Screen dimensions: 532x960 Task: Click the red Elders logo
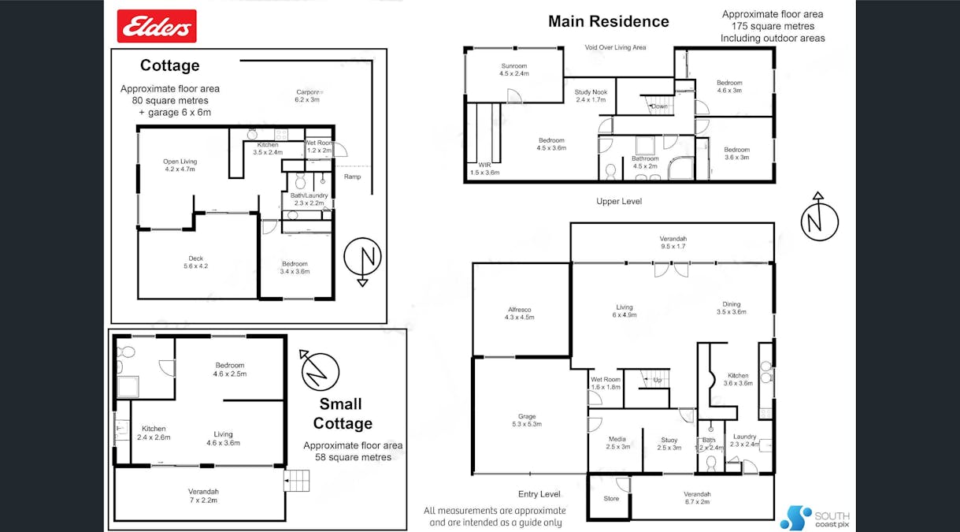(157, 26)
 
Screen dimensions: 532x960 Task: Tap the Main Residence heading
(608, 21)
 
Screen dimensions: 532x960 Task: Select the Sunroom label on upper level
(513, 69)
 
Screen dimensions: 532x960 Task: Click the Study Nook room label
(591, 95)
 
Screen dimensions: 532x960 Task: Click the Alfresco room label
(519, 314)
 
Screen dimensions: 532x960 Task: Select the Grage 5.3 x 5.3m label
(527, 420)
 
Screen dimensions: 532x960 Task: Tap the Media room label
(618, 443)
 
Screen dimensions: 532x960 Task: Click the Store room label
(611, 498)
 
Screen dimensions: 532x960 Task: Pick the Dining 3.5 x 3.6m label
(731, 307)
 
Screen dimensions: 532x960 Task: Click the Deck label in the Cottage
(196, 262)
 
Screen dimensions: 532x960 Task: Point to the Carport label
(307, 95)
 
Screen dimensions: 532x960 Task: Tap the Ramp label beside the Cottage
(352, 177)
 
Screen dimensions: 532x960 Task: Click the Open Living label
(180, 166)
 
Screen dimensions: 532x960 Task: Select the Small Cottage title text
(342, 414)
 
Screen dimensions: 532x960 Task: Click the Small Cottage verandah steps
(297, 480)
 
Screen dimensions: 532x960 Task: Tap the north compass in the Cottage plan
(362, 259)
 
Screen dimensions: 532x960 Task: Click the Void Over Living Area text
(615, 47)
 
